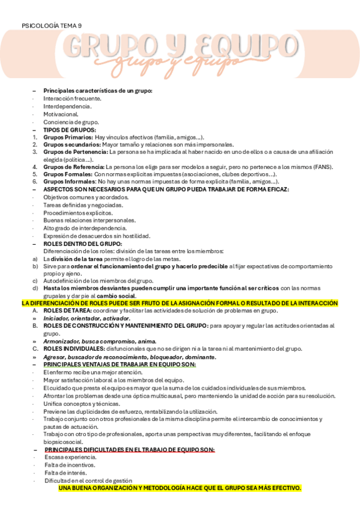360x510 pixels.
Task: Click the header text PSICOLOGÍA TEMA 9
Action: point(52,26)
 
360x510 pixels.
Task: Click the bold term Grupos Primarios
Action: point(68,137)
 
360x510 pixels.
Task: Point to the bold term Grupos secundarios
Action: point(72,144)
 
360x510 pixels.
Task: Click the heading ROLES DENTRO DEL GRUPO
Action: point(82,244)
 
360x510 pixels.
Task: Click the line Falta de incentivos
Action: point(70,465)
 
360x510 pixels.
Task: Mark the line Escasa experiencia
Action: point(70,457)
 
